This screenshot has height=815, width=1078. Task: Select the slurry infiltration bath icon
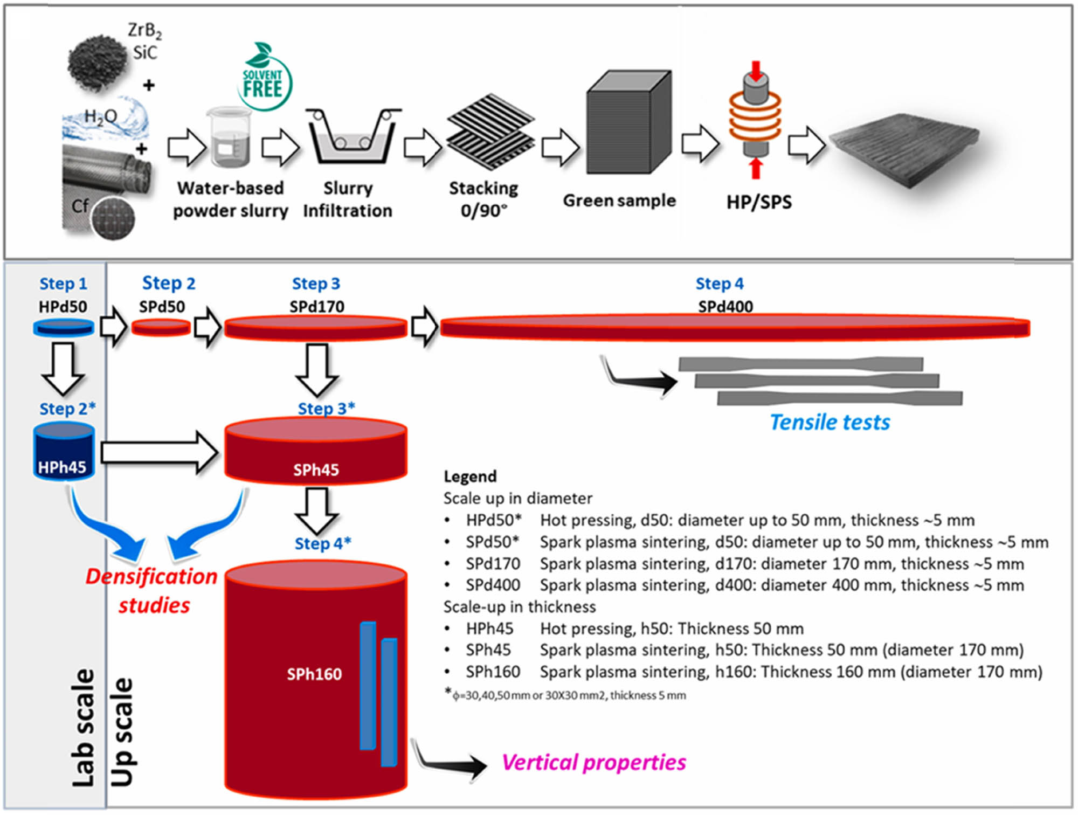click(353, 137)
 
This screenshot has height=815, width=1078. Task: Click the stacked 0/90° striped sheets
click(490, 132)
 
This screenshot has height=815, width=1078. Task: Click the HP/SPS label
click(759, 202)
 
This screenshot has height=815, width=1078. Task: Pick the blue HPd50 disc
click(64, 327)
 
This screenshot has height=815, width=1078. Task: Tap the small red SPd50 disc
click(161, 327)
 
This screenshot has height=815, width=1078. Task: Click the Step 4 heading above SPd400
click(719, 284)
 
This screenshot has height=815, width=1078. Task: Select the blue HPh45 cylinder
click(64, 451)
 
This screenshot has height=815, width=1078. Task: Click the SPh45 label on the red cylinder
click(316, 470)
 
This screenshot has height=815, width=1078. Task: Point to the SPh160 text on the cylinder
click(314, 674)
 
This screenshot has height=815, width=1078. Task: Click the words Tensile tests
click(830, 423)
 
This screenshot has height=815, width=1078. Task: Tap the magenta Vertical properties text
click(593, 763)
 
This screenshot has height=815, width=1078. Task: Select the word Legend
click(470, 476)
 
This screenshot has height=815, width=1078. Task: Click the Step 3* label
click(326, 409)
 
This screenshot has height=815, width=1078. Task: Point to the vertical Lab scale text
click(84, 728)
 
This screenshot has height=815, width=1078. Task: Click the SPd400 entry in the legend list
click(493, 585)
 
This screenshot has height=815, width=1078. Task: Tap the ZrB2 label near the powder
click(144, 31)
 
